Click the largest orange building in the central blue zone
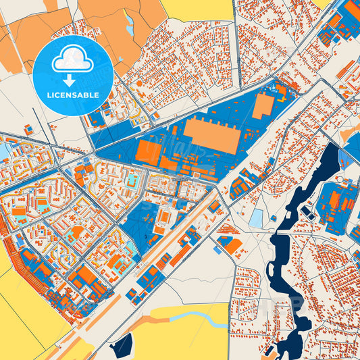click(211, 135)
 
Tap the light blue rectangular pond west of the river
click(256, 217)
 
